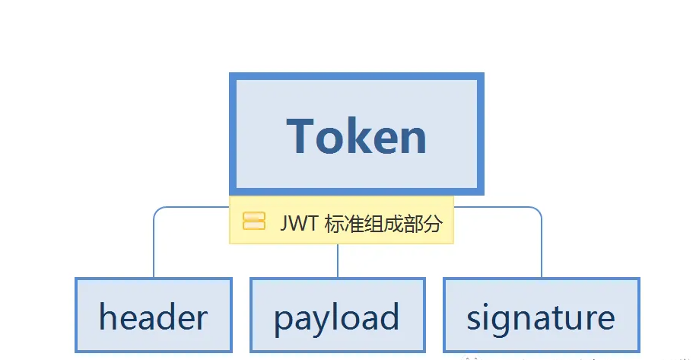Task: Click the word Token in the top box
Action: point(357,136)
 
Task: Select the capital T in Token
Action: point(301,136)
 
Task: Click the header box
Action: point(153,316)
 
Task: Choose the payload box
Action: point(337,316)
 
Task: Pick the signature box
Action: point(541,316)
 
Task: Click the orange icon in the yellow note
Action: point(253,221)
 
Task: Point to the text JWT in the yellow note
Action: point(297,223)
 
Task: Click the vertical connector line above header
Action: point(154,251)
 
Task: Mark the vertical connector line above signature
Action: point(542,251)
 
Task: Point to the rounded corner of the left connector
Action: point(157,211)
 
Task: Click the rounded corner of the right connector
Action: point(538,211)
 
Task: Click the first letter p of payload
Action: point(284,319)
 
